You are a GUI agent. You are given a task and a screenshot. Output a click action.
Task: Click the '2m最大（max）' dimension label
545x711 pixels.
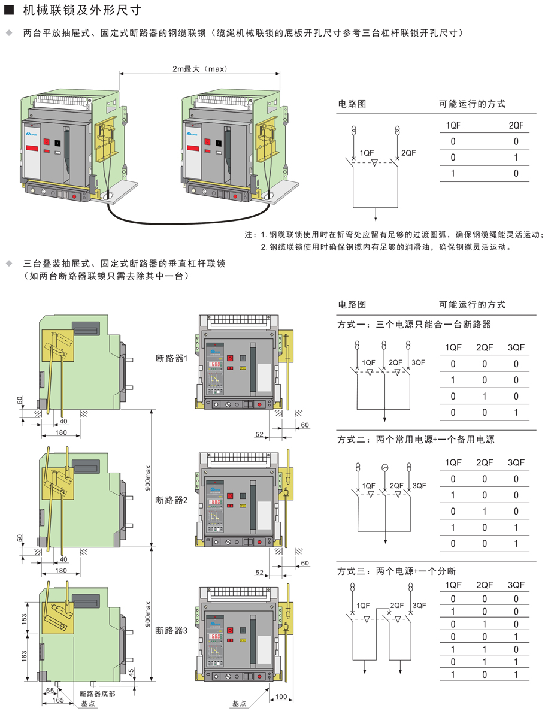click(199, 69)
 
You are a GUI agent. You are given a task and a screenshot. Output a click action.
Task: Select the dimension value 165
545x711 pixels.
click(59, 699)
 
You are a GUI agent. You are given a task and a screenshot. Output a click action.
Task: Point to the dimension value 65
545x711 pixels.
click(50, 691)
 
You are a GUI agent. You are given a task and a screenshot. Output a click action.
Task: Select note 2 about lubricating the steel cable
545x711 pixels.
click(386, 247)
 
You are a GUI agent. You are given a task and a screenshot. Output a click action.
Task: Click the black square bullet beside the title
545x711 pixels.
click(8, 11)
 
